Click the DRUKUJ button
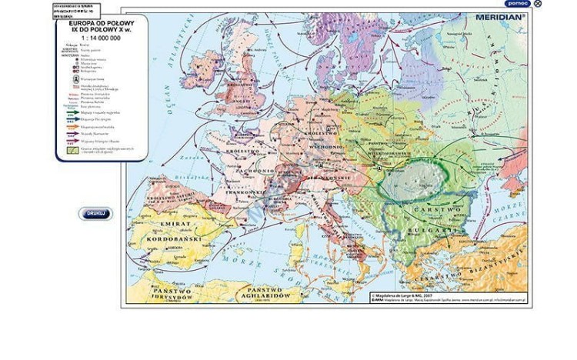pos(95,214)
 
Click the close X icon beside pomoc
pos(538,4)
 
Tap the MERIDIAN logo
pos(499,15)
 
